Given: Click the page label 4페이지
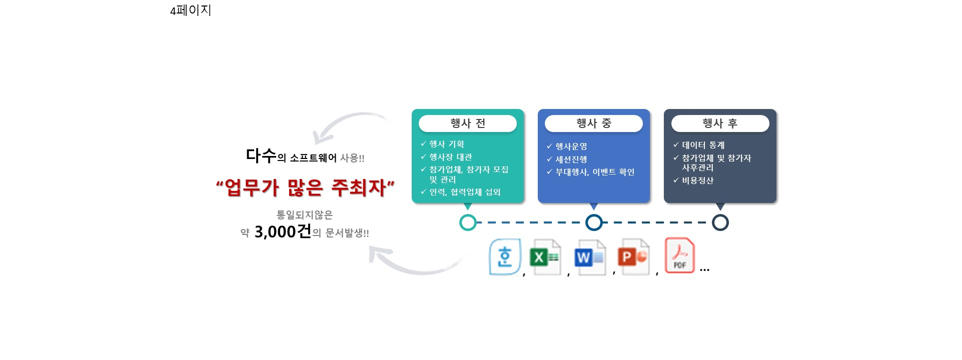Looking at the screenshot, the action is pyautogui.click(x=191, y=10).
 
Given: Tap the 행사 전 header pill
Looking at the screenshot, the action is pyautogui.click(x=468, y=123).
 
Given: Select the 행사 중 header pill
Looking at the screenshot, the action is pyautogui.click(x=594, y=123).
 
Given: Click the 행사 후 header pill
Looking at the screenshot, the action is pyautogui.click(x=720, y=123).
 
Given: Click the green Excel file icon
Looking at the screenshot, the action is pyautogui.click(x=545, y=257).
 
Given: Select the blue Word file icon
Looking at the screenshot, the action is pyautogui.click(x=590, y=257).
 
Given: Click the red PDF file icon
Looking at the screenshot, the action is pyautogui.click(x=679, y=255).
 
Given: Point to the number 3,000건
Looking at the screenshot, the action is pyautogui.click(x=283, y=231).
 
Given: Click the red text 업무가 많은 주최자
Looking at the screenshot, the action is pyautogui.click(x=305, y=187).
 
